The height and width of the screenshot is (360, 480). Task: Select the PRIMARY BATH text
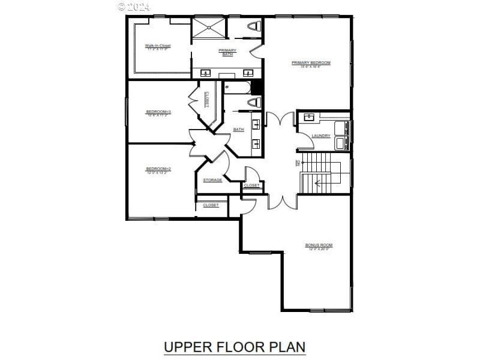[227, 52]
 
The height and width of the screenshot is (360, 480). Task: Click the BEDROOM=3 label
[158, 112]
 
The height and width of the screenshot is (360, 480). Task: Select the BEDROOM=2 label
[158, 169]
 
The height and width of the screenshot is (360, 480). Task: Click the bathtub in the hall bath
[237, 88]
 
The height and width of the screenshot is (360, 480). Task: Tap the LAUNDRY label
[321, 136]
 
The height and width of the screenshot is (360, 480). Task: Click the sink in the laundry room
[310, 117]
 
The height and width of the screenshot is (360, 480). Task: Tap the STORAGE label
[212, 180]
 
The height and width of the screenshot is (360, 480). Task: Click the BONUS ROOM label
[319, 246]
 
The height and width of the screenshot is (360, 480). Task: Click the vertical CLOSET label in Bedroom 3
[206, 100]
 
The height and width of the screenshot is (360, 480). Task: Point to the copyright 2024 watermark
[134, 7]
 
